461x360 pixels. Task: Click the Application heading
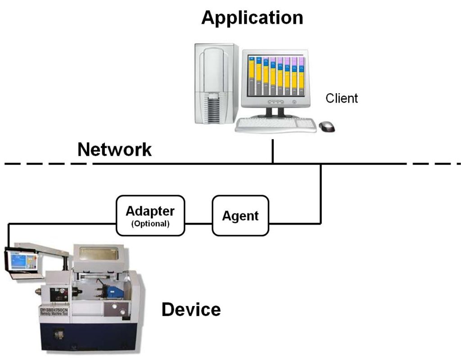point(252,18)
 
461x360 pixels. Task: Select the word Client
point(342,98)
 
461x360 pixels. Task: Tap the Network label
point(114,149)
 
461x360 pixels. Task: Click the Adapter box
point(150,215)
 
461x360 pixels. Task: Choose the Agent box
point(240,216)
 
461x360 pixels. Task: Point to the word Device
point(191,310)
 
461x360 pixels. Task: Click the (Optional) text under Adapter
point(150,224)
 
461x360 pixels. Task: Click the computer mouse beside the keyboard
point(327,126)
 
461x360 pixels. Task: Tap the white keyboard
point(276,125)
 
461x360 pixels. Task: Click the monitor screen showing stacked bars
point(276,75)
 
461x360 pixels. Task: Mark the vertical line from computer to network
point(273,151)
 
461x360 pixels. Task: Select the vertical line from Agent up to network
point(321,193)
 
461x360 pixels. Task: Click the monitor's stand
point(275,112)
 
